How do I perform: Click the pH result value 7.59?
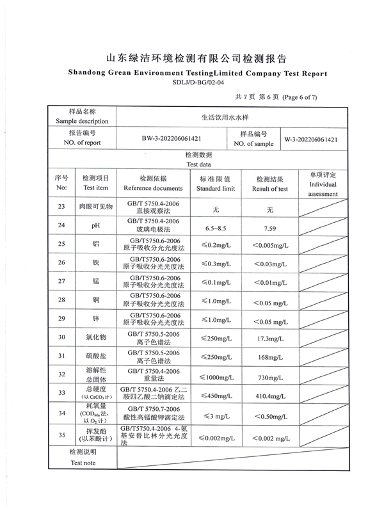269,227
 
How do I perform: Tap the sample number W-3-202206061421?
311,139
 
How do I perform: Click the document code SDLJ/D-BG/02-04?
198,82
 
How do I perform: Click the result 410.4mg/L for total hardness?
269,397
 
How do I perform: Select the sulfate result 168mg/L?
269,357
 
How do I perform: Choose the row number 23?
61,206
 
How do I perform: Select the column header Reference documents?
153,189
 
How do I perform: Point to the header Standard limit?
216,189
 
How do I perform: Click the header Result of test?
269,189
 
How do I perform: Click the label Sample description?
82,121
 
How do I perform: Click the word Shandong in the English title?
91,74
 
